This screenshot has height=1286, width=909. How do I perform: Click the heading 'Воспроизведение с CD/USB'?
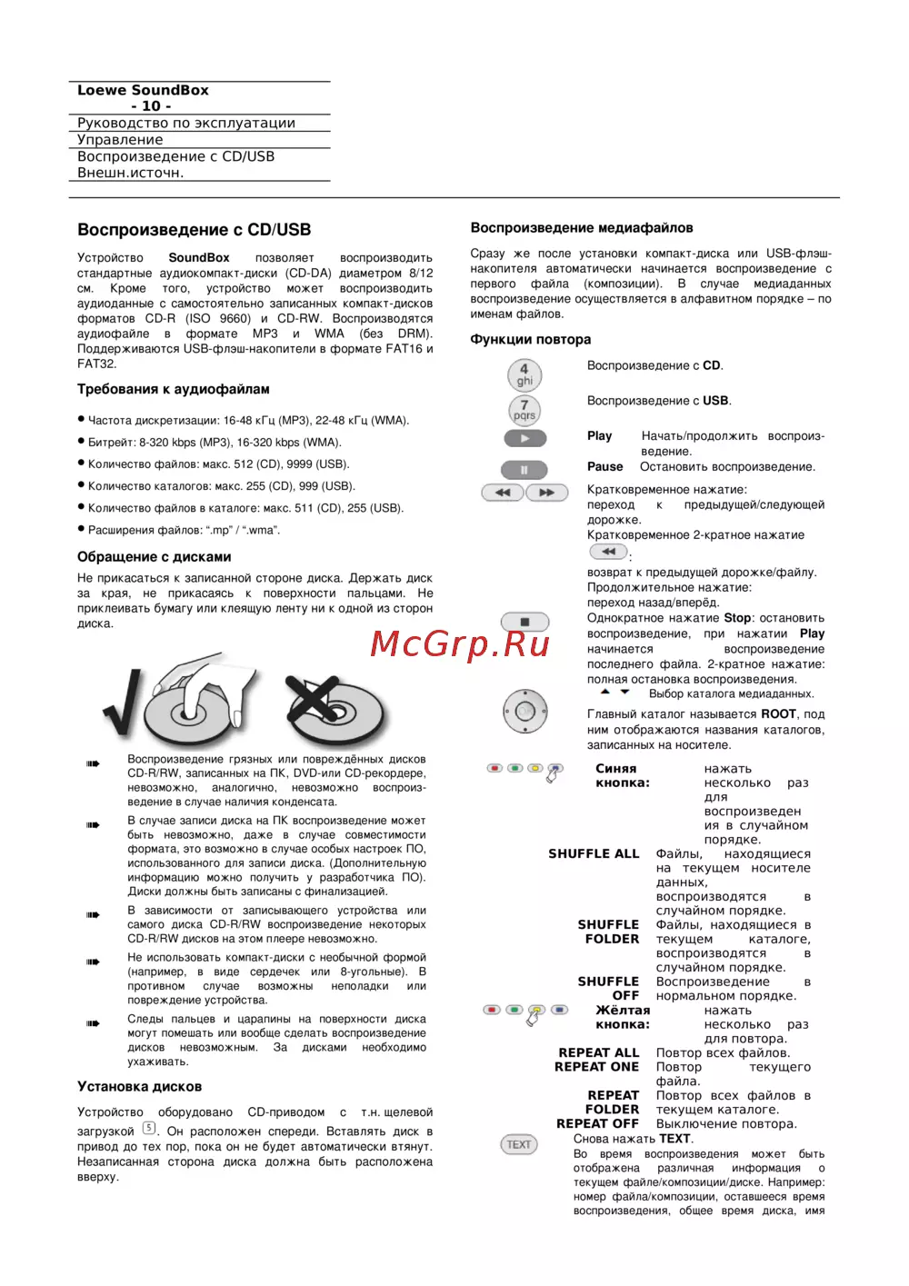194,230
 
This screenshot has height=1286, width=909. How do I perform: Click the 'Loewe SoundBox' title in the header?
143,90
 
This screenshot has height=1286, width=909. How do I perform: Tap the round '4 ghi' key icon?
524,374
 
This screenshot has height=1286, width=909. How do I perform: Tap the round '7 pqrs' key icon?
524,410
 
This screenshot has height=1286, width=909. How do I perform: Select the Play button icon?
525,438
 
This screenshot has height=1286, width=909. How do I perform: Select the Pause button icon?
524,470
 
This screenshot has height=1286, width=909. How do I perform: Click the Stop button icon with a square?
524,622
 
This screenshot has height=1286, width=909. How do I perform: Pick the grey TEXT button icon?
519,1144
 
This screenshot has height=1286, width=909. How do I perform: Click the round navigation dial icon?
525,712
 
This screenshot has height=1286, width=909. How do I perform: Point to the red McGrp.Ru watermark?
460,643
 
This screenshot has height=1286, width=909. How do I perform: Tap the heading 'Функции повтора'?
530,339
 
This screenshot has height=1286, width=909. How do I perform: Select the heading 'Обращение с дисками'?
154,556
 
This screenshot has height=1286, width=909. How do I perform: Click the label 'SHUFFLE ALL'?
594,853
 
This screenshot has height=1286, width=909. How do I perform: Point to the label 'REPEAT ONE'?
596,1067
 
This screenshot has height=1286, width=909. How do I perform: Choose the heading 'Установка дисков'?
139,1086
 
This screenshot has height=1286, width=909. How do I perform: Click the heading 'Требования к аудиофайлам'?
173,389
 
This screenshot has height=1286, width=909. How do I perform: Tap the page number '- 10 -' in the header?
151,105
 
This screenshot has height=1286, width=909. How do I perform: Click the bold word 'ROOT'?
778,714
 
